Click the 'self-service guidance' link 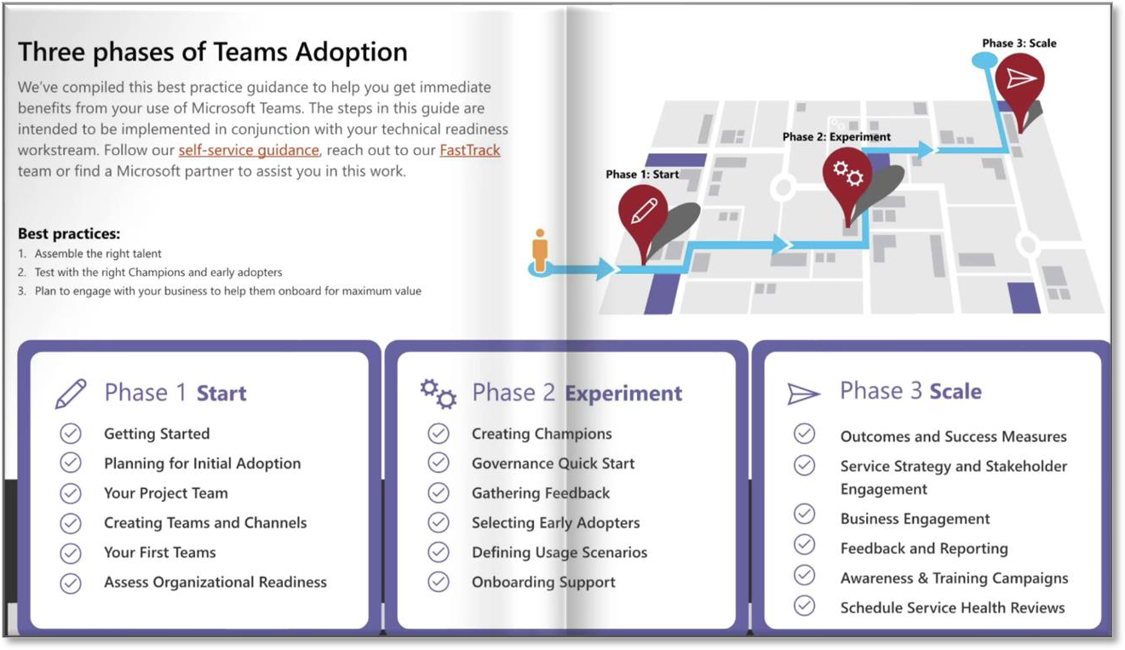pyautogui.click(x=249, y=150)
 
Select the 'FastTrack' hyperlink pyautogui.click(x=469, y=150)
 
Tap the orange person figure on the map pyautogui.click(x=540, y=250)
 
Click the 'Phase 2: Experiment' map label pyautogui.click(x=836, y=136)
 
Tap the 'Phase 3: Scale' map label pyautogui.click(x=1019, y=43)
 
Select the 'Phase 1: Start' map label pyautogui.click(x=642, y=175)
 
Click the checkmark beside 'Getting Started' pyautogui.click(x=71, y=434)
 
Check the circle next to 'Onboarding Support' pyautogui.click(x=439, y=582)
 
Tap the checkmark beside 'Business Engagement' pyautogui.click(x=804, y=514)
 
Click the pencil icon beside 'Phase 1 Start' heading pyautogui.click(x=71, y=394)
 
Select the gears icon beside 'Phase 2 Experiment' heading pyautogui.click(x=439, y=394)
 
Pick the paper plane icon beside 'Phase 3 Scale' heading pyautogui.click(x=804, y=394)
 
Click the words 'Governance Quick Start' pyautogui.click(x=553, y=463)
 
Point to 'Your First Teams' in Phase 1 pyautogui.click(x=160, y=552)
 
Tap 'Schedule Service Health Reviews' pyautogui.click(x=952, y=607)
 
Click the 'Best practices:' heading pyautogui.click(x=69, y=233)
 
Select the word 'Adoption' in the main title pyautogui.click(x=351, y=52)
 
